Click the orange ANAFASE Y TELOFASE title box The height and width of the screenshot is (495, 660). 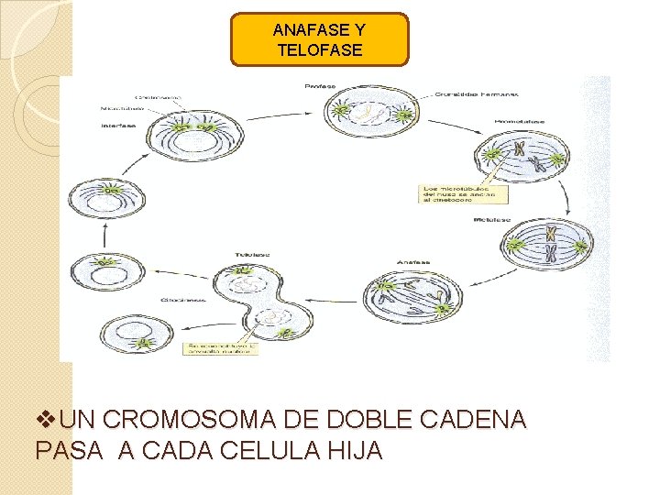319,39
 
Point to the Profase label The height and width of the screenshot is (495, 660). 320,86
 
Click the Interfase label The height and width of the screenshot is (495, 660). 119,126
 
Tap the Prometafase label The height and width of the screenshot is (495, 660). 519,120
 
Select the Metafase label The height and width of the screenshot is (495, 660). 492,220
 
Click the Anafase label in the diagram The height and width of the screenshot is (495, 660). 412,262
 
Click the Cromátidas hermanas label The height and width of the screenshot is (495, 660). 476,93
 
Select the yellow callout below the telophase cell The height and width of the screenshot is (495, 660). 221,346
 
